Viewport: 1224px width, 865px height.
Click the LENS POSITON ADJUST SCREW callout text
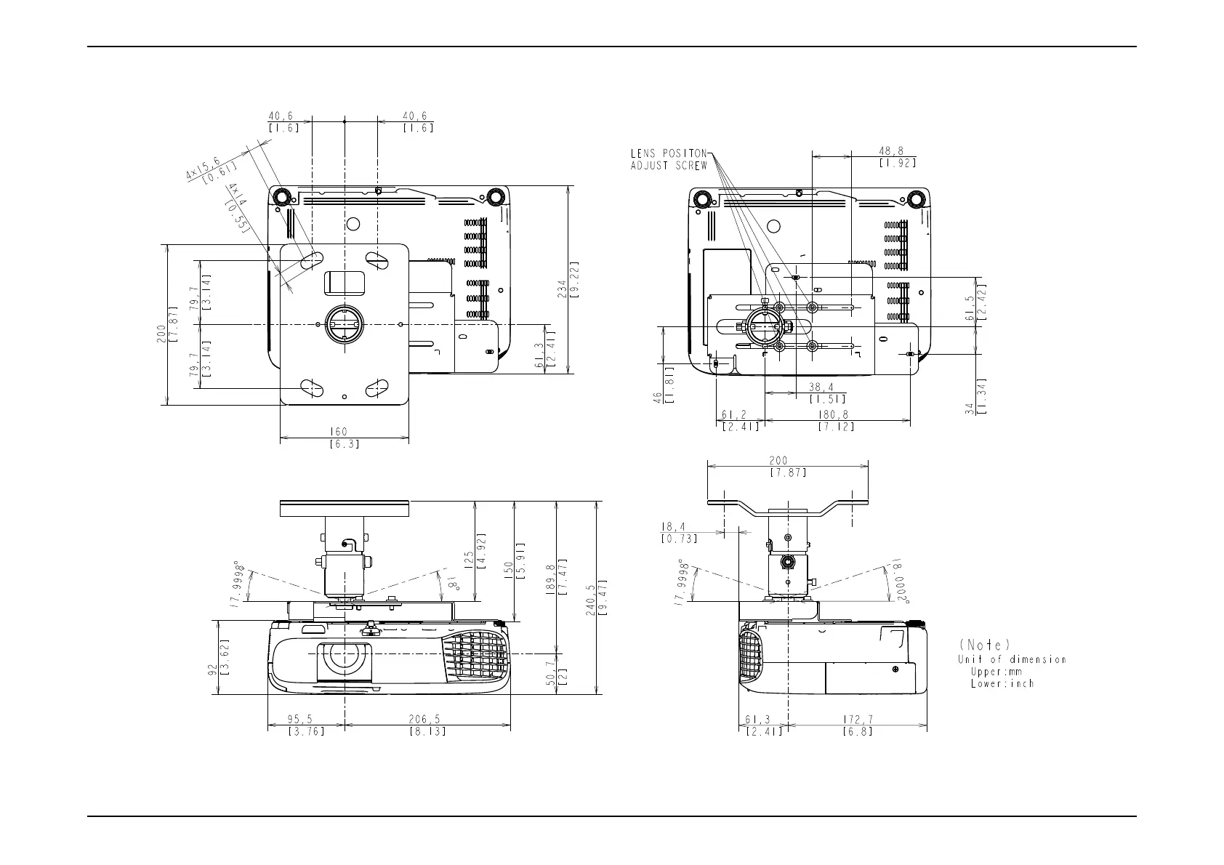coord(669,160)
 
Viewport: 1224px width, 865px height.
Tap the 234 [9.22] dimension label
coord(568,280)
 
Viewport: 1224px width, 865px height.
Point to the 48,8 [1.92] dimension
coord(897,156)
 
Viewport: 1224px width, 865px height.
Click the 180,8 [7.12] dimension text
coord(836,421)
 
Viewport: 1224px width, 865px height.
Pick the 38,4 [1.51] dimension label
coord(826,393)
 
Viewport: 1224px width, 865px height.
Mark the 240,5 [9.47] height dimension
coord(596,600)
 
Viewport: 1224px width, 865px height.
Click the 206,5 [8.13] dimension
coord(427,725)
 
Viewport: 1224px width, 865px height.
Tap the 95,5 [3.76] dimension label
coord(306,725)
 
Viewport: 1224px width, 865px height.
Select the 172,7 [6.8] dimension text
coord(857,725)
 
